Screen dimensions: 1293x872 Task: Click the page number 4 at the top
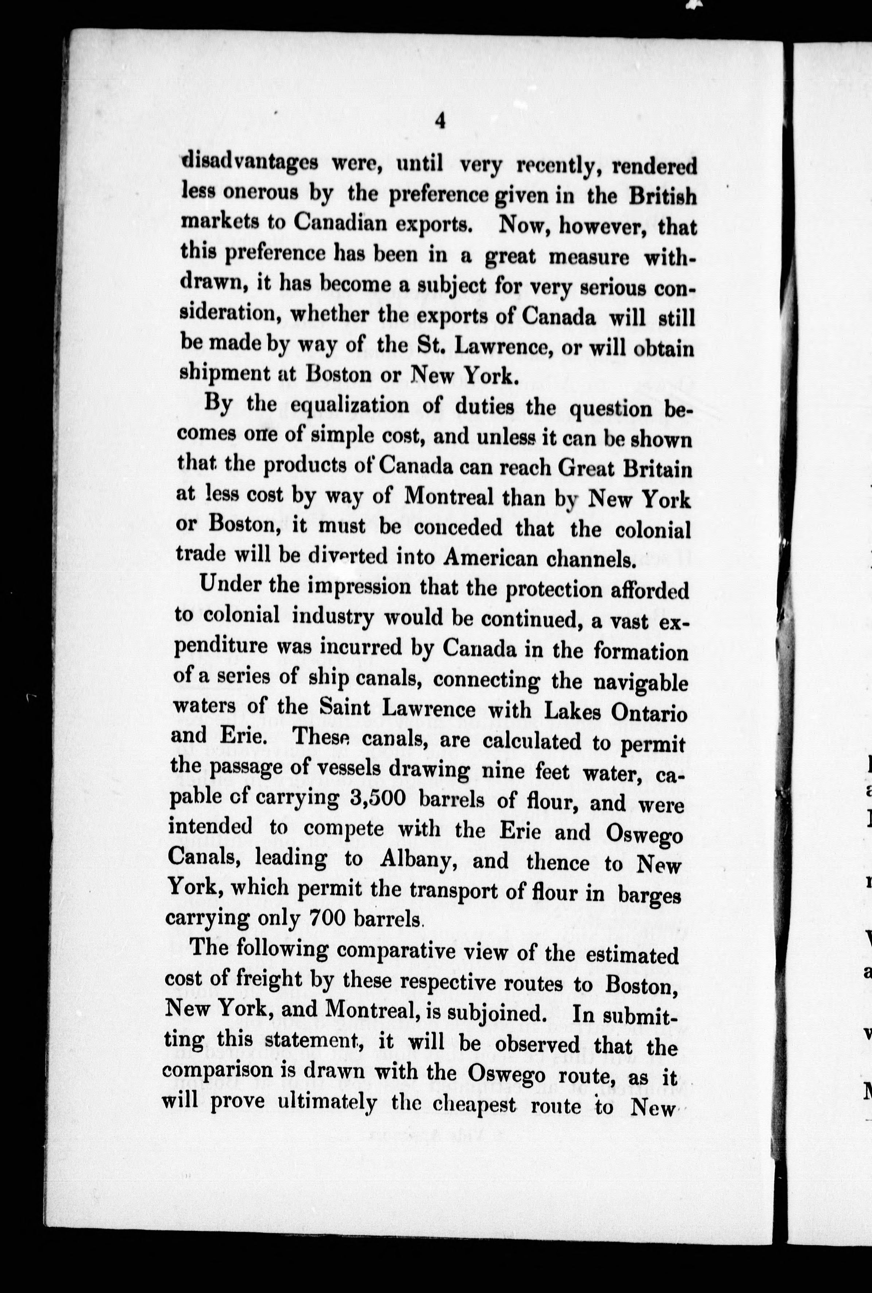440,121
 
